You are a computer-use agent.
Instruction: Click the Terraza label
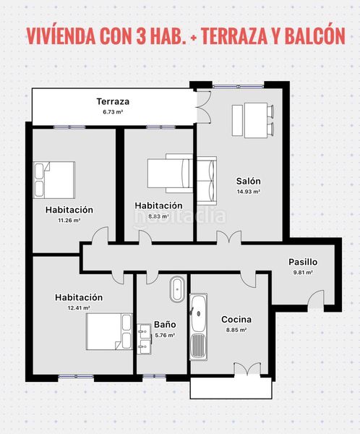pos(113,101)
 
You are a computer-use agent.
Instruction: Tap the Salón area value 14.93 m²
pos(249,192)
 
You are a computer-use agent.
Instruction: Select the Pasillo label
pos(303,262)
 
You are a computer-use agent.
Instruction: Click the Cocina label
pos(236,320)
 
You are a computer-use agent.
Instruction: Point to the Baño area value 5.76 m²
pos(165,335)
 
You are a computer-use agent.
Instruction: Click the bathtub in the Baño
pos(177,289)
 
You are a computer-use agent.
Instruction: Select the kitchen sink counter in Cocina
pos(198,327)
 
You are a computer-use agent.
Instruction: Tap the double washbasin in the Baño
pos(144,339)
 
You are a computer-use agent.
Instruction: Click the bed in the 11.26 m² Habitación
pos(54,180)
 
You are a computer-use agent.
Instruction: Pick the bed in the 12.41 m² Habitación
pos(109,331)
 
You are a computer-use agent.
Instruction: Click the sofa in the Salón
pos(207,181)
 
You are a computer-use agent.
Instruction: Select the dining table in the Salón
pos(256,120)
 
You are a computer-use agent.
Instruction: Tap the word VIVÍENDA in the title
pos(61,36)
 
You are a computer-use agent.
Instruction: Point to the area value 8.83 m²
pos(158,216)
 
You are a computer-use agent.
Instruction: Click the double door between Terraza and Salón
pos(204,106)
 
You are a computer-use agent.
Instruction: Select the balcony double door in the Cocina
pos(247,369)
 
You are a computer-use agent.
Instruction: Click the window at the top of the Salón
pos(238,87)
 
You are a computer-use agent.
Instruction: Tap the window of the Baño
pos(154,376)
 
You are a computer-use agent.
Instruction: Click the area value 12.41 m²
pos(79,308)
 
